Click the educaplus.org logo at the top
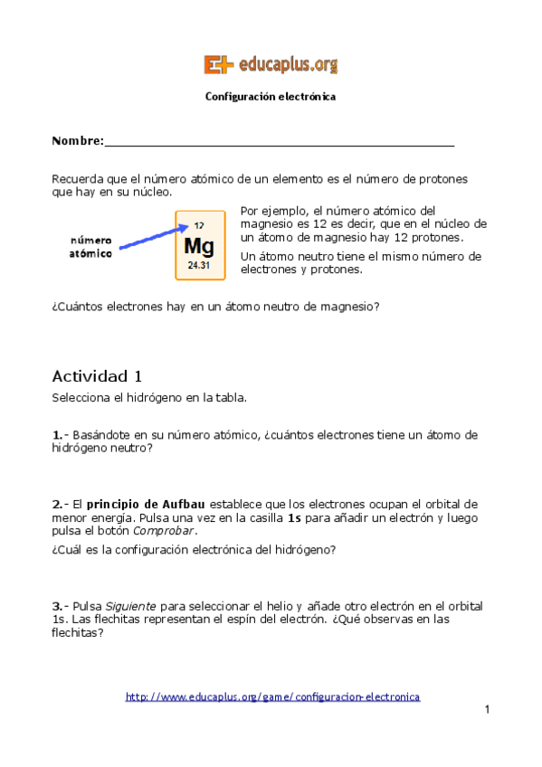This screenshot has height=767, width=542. click(x=271, y=64)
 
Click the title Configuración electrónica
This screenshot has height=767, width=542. click(x=271, y=96)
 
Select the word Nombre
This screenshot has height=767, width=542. click(x=76, y=141)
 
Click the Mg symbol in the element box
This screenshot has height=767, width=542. click(x=198, y=245)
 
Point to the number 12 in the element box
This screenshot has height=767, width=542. click(x=198, y=225)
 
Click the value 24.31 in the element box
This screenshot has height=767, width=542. click(x=198, y=266)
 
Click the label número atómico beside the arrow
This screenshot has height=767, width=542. click(x=91, y=247)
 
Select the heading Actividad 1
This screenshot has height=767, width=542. click(x=97, y=376)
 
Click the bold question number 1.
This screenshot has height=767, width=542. click(x=56, y=435)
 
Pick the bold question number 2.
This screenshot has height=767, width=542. click(x=56, y=504)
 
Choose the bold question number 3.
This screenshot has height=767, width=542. click(x=56, y=606)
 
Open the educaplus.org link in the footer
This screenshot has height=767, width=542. click(x=272, y=696)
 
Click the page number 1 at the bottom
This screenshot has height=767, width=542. click(x=487, y=710)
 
